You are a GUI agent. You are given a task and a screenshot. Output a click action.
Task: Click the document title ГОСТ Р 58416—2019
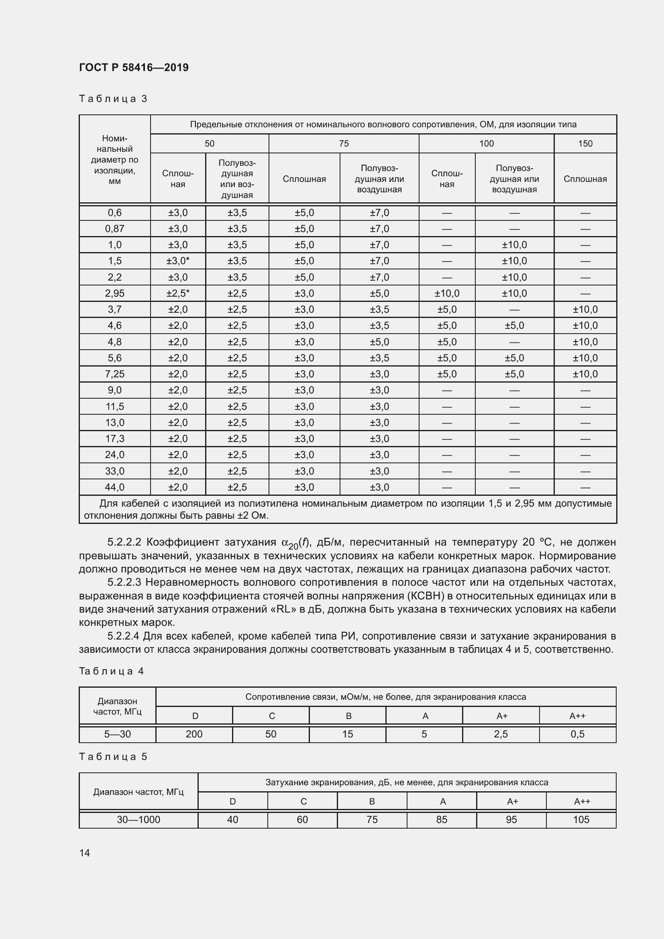(134, 67)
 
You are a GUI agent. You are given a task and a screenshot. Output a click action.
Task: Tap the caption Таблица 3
(113, 99)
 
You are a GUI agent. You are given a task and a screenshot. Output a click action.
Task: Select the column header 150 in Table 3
(585, 144)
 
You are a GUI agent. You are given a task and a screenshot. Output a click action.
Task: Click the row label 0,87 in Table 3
(114, 228)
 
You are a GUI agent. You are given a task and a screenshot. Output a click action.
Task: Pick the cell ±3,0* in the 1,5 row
(178, 261)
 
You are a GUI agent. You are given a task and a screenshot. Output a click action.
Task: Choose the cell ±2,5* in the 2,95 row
(178, 293)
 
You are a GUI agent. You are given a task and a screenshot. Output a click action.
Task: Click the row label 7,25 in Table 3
(114, 374)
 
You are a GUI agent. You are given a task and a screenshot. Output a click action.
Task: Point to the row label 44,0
(114, 487)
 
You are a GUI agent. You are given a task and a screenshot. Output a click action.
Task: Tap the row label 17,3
(114, 438)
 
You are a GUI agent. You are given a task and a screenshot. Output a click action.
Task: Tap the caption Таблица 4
(111, 671)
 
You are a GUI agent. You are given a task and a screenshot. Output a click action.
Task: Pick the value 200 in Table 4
(194, 734)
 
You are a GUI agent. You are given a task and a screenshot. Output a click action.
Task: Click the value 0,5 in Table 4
(577, 734)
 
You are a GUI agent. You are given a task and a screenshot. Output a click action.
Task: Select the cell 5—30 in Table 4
(117, 734)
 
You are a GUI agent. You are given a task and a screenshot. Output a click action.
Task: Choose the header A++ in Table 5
(582, 802)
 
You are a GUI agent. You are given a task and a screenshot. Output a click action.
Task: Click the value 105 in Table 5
(581, 820)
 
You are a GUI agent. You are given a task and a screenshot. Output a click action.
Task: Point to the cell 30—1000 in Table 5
(138, 820)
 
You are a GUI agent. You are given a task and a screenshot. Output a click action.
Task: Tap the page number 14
(85, 853)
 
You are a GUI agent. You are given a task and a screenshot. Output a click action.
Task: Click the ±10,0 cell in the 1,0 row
(514, 245)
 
